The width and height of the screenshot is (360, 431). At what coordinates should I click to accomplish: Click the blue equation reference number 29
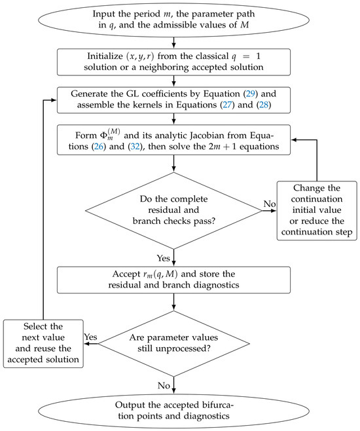click(251, 94)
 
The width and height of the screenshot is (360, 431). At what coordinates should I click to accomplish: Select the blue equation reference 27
click(227, 105)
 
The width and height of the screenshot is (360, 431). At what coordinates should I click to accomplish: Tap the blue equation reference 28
click(264, 105)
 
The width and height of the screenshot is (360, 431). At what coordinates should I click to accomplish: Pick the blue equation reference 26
click(99, 147)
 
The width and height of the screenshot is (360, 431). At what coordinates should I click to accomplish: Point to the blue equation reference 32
click(135, 147)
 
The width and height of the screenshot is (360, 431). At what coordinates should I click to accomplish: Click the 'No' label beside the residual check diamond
click(270, 204)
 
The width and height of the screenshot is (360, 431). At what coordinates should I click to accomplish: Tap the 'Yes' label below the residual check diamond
click(164, 258)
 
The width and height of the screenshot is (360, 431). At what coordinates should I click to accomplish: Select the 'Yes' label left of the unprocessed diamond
click(90, 337)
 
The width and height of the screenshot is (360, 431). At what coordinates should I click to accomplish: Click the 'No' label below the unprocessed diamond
click(164, 386)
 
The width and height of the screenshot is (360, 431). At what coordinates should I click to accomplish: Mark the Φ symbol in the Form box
click(103, 136)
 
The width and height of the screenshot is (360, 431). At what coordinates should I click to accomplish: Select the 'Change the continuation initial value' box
click(317, 210)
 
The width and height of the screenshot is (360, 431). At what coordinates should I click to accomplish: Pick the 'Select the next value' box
click(43, 344)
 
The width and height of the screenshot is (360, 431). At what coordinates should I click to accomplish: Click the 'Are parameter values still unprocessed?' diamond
click(174, 344)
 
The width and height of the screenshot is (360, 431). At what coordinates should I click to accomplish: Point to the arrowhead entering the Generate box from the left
click(54, 100)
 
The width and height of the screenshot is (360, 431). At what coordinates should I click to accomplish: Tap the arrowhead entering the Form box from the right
click(293, 140)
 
